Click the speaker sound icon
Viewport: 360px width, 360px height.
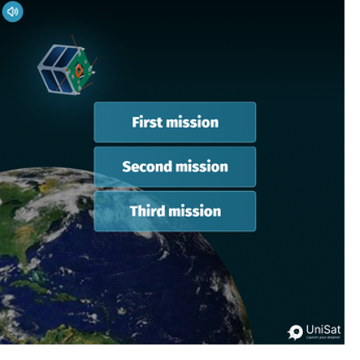(13, 13)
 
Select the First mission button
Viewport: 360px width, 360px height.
(175, 122)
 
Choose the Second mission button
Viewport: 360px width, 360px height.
(175, 167)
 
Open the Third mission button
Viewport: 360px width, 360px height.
(175, 211)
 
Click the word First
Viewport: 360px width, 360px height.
(147, 122)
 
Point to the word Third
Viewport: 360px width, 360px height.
(147, 211)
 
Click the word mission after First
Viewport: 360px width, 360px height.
(192, 122)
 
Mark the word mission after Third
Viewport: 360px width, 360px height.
(194, 211)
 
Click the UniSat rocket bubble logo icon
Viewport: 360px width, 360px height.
(295, 332)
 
